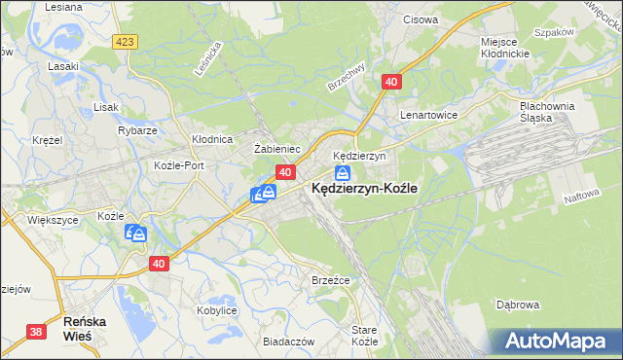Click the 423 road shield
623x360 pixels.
(124, 41)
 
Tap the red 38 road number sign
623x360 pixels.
(36, 332)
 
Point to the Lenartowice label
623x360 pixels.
(428, 115)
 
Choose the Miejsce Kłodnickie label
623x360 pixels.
(505, 47)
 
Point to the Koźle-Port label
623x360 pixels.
(179, 165)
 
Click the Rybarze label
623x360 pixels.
(137, 130)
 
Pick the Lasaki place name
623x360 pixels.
(63, 66)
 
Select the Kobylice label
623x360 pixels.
(217, 309)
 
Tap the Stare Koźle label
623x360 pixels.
(364, 336)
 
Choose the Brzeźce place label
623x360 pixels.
(330, 278)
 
